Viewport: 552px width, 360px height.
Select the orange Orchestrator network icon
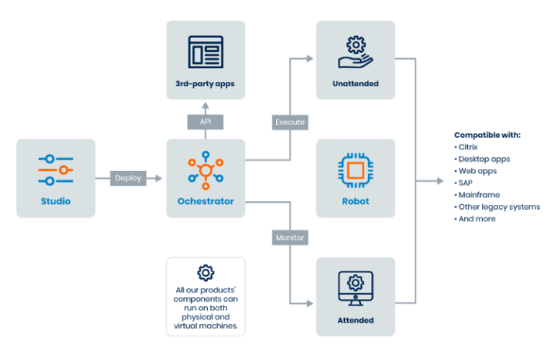[206, 168]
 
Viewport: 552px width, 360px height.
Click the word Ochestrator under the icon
[206, 202]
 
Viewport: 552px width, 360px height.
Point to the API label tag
[206, 122]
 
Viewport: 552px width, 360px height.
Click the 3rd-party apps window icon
[206, 52]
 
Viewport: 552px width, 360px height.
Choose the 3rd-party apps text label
[206, 84]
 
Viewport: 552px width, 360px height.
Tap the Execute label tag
[290, 122]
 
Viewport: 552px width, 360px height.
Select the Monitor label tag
[290, 237]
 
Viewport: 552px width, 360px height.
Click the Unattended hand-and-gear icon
[356, 52]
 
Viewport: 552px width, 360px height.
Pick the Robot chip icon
[356, 170]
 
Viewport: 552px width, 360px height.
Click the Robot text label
[356, 202]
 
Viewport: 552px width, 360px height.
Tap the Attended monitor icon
[356, 287]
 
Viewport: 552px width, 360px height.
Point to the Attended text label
[356, 320]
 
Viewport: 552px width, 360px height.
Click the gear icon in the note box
[206, 272]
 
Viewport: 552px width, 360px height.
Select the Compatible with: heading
[487, 135]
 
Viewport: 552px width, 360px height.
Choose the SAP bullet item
[468, 183]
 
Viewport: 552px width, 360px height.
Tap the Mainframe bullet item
[479, 195]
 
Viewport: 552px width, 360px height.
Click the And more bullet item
[477, 218]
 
